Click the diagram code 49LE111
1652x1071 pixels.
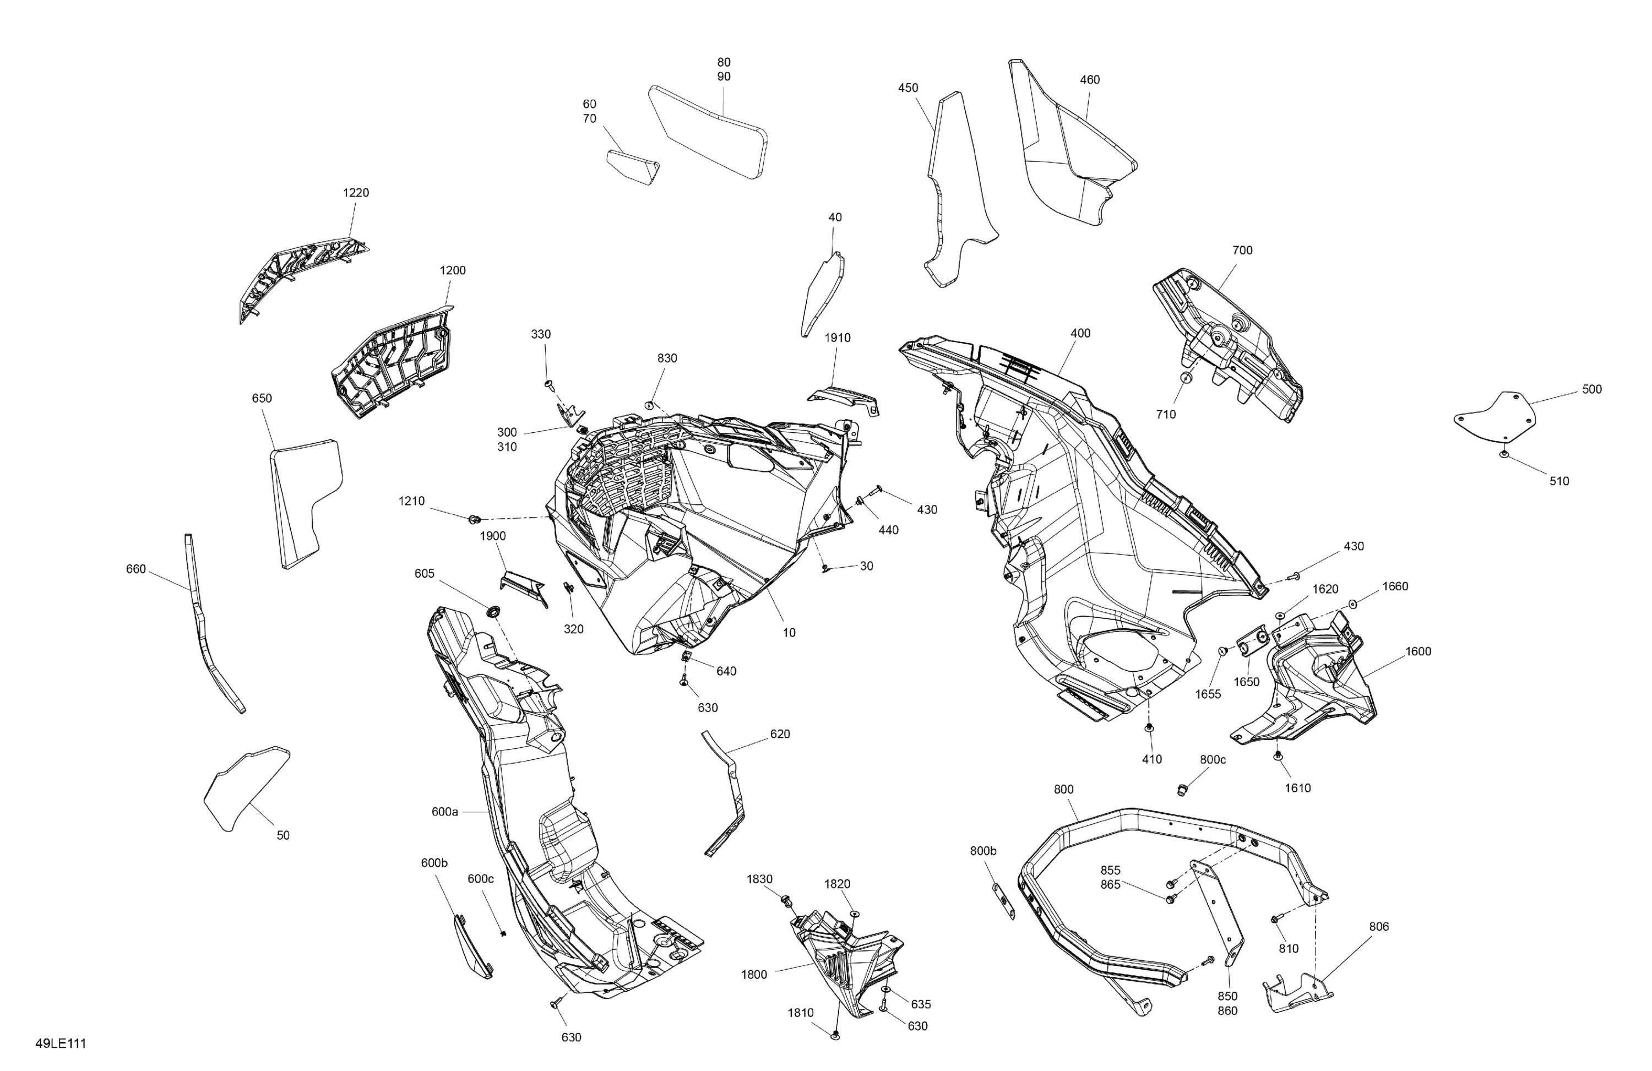click(x=61, y=1043)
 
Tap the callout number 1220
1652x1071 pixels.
click(x=356, y=193)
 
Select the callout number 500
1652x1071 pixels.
click(x=1591, y=389)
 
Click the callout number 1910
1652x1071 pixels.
click(x=837, y=338)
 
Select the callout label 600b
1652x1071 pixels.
click(x=434, y=863)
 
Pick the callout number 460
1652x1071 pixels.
click(x=1090, y=80)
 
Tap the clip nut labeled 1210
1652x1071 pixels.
click(x=475, y=519)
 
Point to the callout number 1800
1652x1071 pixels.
click(x=754, y=975)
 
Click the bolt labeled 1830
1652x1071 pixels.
click(x=787, y=900)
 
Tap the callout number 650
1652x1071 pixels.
click(x=262, y=399)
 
